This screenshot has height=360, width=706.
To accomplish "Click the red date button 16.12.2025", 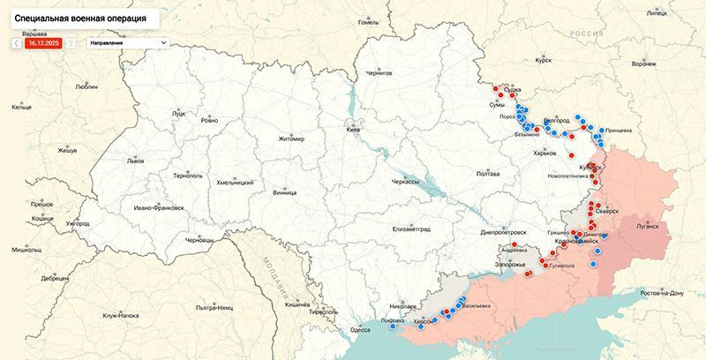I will [x=44, y=41].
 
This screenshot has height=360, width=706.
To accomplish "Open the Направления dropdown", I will [x=127, y=41].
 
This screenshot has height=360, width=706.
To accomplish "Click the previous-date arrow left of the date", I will [x=16, y=41].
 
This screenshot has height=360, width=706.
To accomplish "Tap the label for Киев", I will [x=353, y=131].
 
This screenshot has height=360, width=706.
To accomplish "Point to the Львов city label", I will [x=135, y=161].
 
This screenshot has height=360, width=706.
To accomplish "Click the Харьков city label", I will [x=545, y=153].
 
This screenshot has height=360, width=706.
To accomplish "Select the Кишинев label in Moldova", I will [x=297, y=303].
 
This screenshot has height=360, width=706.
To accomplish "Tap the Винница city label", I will [x=284, y=191].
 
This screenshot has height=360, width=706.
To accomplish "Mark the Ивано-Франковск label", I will [x=160, y=208].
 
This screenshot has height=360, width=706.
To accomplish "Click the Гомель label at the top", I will [x=367, y=22].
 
